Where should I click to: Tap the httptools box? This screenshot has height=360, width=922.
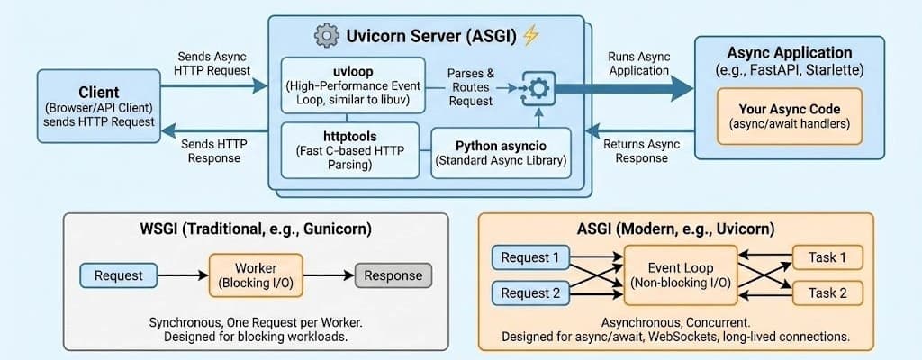tap(351, 148)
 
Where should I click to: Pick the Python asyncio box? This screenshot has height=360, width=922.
tap(500, 153)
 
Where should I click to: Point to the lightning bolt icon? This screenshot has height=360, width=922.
tap(530, 36)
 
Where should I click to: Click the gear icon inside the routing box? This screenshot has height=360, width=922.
tap(538, 87)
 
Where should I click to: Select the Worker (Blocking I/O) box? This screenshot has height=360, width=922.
tap(257, 275)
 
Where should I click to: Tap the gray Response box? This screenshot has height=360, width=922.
tap(393, 274)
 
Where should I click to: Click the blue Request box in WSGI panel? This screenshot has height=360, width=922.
tap(118, 274)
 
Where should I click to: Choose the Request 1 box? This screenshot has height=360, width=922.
tap(530, 258)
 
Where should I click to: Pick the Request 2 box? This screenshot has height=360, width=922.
tap(530, 293)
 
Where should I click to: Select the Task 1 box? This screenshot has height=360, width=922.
tap(827, 258)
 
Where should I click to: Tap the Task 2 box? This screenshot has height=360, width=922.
tap(827, 293)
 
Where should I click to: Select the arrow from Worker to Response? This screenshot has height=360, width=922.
tap(329, 274)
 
